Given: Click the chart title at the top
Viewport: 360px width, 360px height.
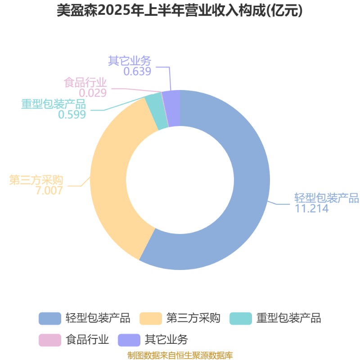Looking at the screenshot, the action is point(180,10).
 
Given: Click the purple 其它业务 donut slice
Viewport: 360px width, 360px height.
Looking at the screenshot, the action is point(174,108).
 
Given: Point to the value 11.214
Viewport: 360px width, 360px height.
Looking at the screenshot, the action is point(311,208).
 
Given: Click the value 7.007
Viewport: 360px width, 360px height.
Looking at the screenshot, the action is point(49,190).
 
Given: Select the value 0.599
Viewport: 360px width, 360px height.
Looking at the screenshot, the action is point(72,114).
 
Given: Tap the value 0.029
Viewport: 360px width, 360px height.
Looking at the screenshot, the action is point(93,93).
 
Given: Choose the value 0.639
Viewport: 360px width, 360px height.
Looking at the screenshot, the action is point(137,72).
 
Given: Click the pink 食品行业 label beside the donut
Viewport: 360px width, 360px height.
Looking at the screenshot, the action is point(85,82).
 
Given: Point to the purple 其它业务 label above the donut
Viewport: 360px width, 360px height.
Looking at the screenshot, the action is point(130,61).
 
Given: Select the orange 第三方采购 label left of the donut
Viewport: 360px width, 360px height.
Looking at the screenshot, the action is point(36,180).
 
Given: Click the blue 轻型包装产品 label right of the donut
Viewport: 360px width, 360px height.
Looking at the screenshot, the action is point(327,198).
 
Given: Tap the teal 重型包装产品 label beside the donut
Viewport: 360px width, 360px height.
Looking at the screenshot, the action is point(54,104).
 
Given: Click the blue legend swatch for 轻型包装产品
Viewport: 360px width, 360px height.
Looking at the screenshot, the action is point(50,319).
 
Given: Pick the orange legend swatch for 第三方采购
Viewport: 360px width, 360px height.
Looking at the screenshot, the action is point(151,319).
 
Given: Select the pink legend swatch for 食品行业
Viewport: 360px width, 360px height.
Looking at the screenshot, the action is point(50,340).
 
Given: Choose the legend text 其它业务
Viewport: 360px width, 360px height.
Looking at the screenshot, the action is point(166,340).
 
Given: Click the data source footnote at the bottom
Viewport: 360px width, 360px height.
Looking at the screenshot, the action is point(180,355).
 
